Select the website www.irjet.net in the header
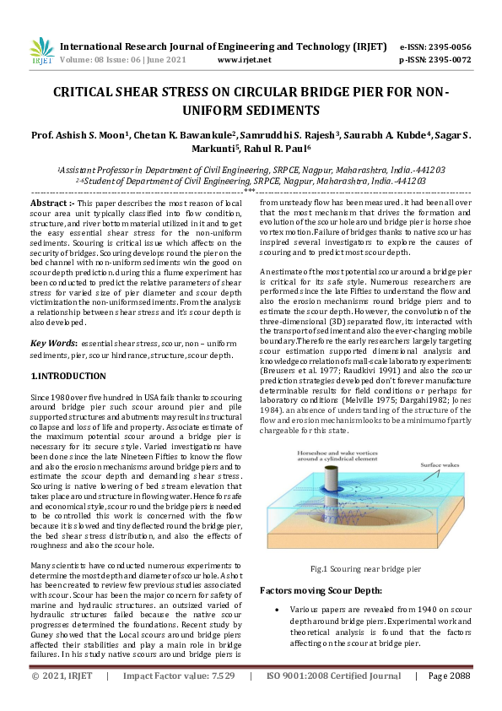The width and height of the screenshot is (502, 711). coord(244,60)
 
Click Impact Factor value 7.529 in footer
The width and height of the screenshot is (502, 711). coord(178,676)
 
